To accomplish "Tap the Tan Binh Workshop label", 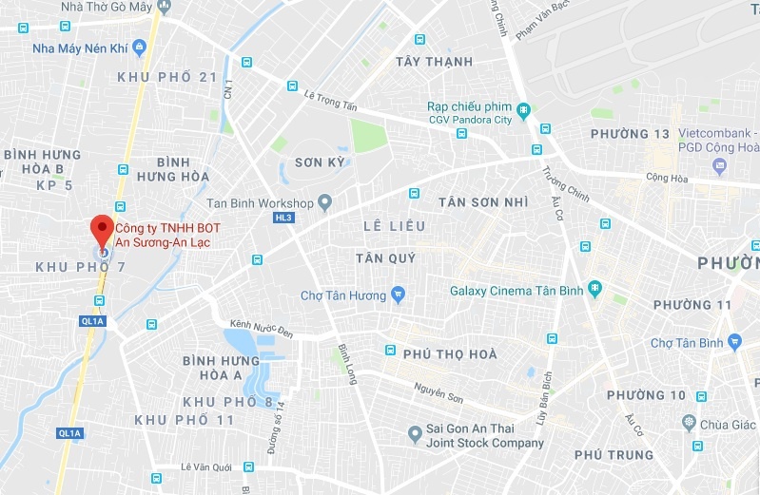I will pos(260,203).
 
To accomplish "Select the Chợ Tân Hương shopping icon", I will pos(399,294).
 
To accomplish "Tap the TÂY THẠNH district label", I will pos(434,62).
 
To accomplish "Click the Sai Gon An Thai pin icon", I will pos(415,435).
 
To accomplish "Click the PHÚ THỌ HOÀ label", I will pos(450,353).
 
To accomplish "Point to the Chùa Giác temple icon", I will pos(689,422).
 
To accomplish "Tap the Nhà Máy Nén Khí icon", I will pos(139,45).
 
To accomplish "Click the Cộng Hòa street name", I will pos(665,176).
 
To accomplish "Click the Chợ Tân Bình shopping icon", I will pos(733,341).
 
